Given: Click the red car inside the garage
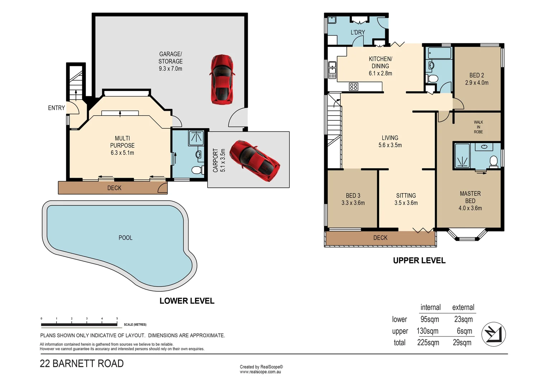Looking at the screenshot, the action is pos(222,80).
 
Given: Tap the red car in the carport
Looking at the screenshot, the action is pos(255,161).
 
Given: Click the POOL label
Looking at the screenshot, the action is pos(126,238).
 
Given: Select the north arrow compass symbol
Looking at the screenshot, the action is pos(493,334).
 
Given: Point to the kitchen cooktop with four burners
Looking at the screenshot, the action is pos(354,87).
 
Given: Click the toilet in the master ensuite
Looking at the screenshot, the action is pos(493,162).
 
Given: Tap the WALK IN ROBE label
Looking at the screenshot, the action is pos(478,127).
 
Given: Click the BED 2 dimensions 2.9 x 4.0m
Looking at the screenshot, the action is pos(477,83).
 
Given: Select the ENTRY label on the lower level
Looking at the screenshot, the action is pos(57,108).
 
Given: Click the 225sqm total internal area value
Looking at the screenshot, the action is pos(428,343).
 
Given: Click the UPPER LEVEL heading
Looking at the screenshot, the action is pos(419,261).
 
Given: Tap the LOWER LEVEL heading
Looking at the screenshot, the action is pos(187,301).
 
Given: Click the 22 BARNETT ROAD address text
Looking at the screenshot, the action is pos(82,364).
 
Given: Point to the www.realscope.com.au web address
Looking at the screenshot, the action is pos(260,372).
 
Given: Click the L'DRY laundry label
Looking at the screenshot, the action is pos(358,32).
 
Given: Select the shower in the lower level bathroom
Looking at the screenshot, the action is pos(196,138).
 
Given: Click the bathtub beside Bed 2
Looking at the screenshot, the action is pos(440,53).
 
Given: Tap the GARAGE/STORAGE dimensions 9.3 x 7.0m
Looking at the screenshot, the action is pos(170,69).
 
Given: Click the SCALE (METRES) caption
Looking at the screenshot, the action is pos(135,325).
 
